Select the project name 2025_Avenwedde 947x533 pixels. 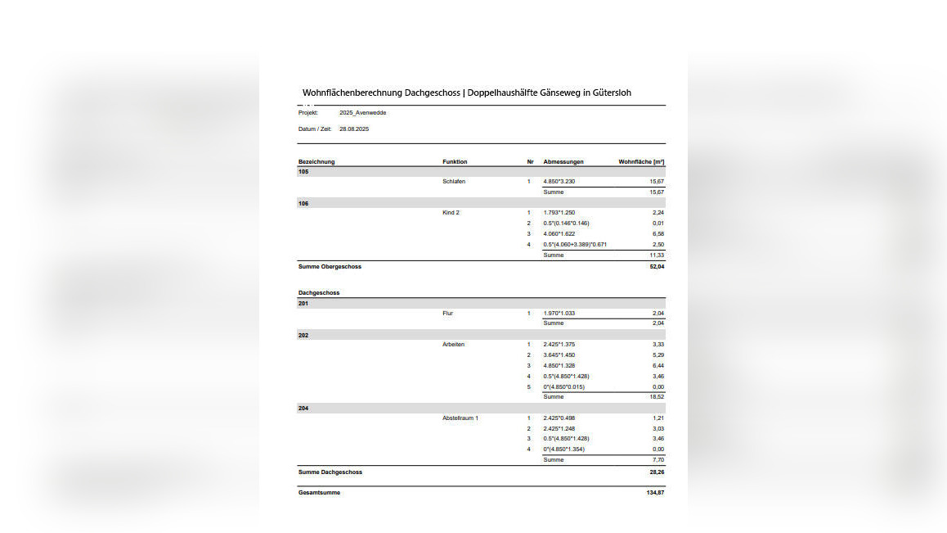pos(362,113)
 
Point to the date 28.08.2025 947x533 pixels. pos(355,129)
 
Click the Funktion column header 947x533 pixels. pos(455,162)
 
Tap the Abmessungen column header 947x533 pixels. pos(563,162)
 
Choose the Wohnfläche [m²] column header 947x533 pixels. pos(641,162)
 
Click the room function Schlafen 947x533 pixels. pos(454,182)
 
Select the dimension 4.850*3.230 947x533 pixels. pos(559,182)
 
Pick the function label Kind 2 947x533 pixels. pos(451,213)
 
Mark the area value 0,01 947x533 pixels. pos(658,224)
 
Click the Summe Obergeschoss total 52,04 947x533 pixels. pos(657,267)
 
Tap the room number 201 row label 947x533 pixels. pos(303,304)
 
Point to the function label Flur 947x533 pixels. pos(448,314)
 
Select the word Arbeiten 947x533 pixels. pos(454,345)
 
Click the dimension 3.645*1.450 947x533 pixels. pos(559,355)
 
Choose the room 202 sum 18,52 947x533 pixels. pos(657,397)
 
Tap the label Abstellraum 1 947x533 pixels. pos(460,418)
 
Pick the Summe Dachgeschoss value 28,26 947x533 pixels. pos(657,472)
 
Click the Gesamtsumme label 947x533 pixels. pos(319,493)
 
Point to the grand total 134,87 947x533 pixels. pos(655,493)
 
